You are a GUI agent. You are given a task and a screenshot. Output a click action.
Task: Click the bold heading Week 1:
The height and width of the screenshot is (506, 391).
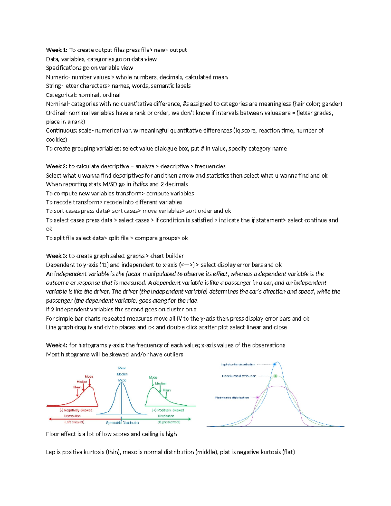tap(57, 50)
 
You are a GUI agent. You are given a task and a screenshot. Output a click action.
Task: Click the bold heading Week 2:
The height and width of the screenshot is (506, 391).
tap(57, 166)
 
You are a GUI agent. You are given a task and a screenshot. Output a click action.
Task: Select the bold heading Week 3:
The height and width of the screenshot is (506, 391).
tap(57, 256)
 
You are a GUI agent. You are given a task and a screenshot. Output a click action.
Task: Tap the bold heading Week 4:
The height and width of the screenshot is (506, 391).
tap(57, 345)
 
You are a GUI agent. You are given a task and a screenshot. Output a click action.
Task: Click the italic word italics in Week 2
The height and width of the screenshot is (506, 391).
tap(140, 184)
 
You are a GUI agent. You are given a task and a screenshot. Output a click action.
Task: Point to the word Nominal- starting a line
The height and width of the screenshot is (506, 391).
tap(58, 104)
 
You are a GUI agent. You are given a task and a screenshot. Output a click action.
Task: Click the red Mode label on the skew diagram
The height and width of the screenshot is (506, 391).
tap(89, 376)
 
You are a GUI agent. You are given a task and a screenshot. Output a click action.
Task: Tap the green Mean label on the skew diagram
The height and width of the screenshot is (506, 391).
tap(167, 390)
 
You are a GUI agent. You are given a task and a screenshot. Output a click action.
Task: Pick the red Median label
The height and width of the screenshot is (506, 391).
tap(82, 382)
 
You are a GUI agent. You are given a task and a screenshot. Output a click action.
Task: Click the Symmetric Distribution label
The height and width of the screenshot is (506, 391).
tap(123, 423)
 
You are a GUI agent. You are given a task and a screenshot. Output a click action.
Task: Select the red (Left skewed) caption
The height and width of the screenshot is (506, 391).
tap(74, 422)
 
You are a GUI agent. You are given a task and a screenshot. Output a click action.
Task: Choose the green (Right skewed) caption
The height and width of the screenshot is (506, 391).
tap(168, 422)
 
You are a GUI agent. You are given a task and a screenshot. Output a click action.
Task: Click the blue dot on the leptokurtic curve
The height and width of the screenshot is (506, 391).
tap(275, 364)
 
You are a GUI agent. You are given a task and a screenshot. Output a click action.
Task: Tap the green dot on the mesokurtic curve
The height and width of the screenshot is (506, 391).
tap(275, 376)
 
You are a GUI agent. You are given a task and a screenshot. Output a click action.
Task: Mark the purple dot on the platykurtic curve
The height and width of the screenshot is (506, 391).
tap(258, 398)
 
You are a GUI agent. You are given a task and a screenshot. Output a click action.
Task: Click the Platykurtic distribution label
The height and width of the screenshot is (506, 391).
tap(232, 398)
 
